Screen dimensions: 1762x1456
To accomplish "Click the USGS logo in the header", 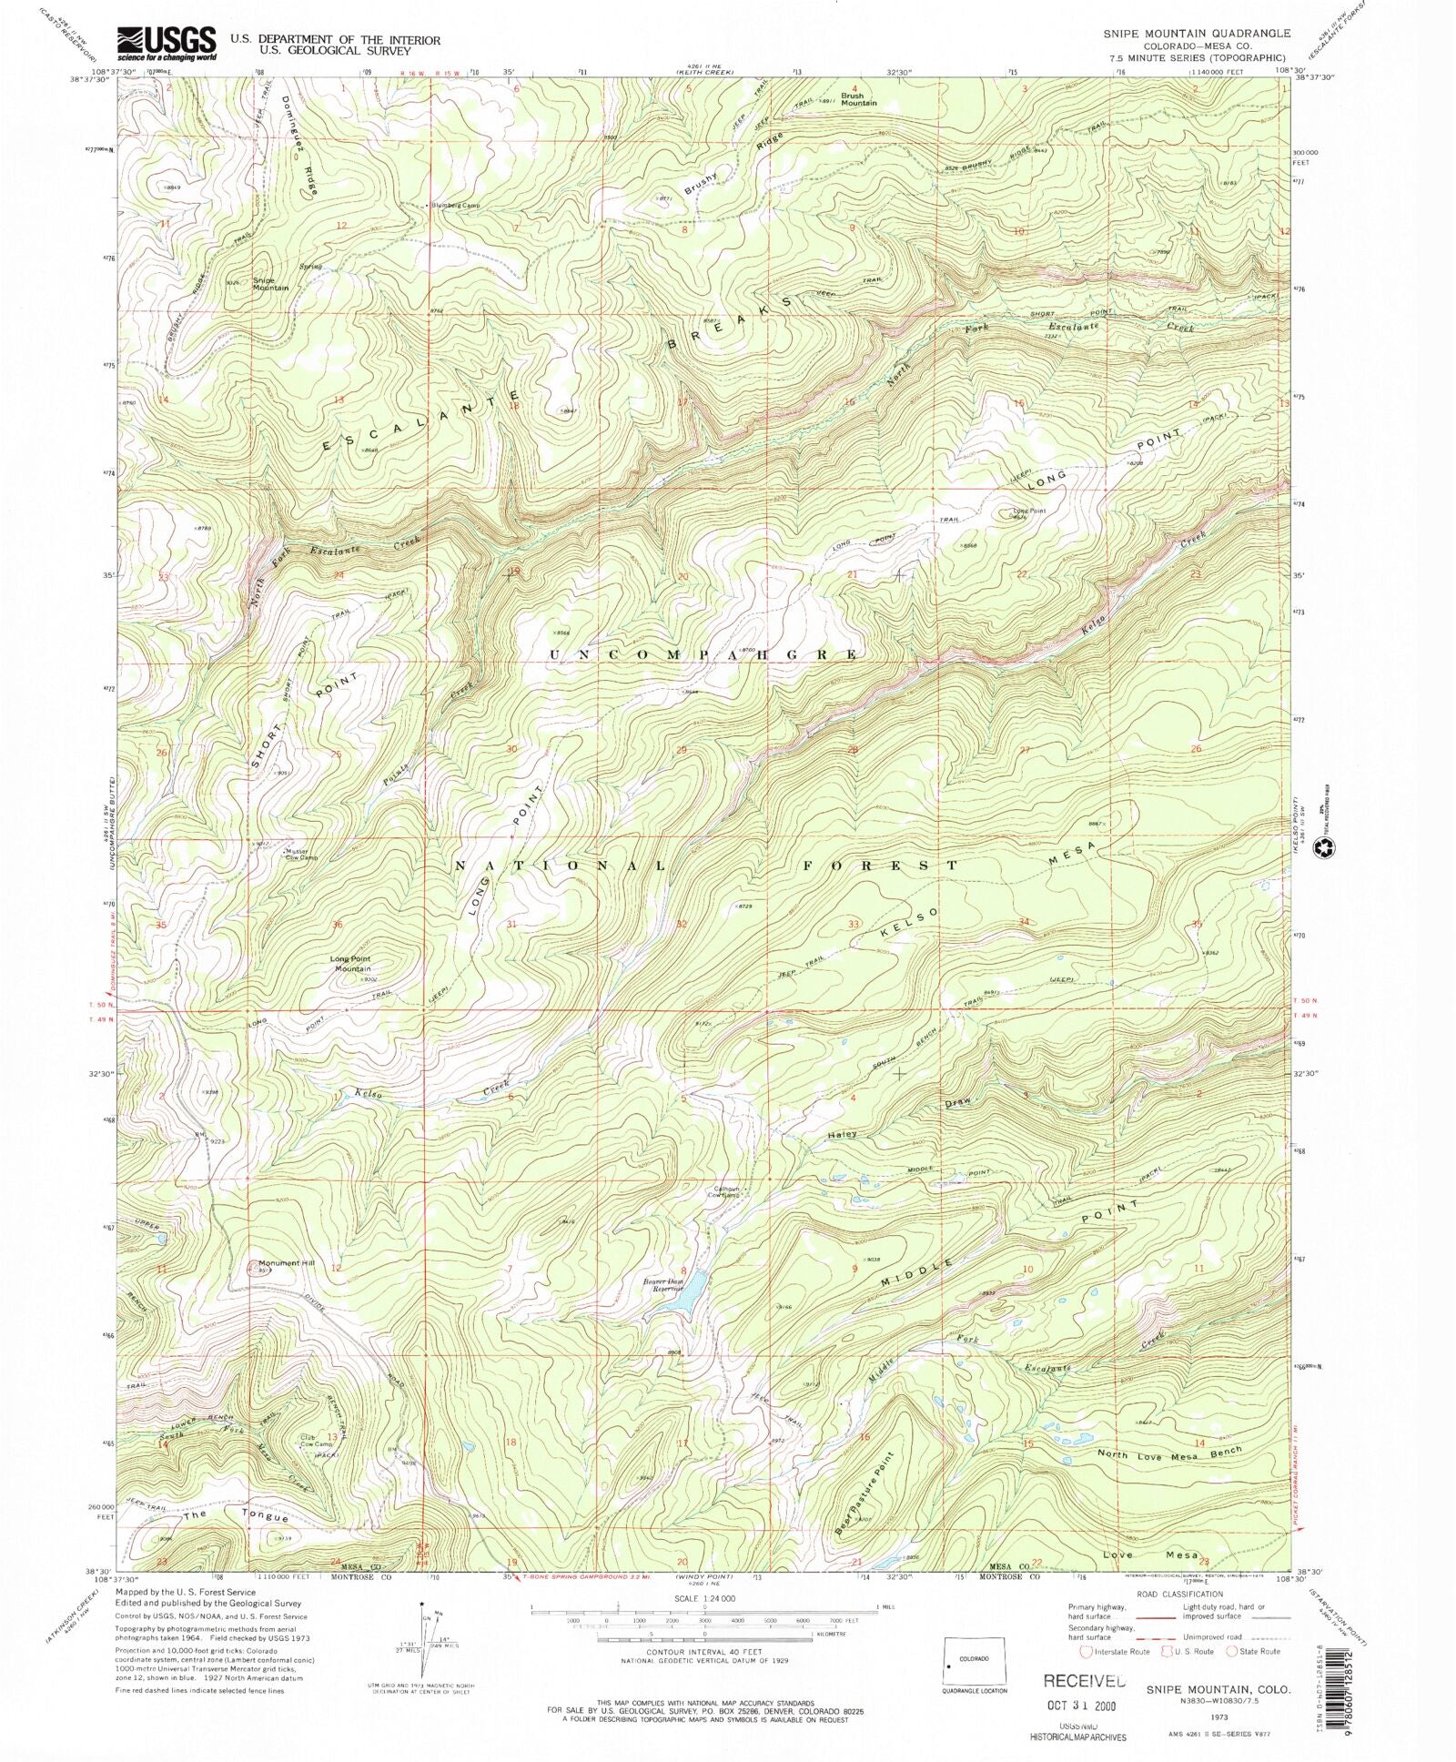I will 167,42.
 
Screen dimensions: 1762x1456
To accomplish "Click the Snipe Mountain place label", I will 270,284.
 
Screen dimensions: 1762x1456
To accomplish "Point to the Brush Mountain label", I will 858,99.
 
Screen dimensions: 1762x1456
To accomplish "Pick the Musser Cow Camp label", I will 301,855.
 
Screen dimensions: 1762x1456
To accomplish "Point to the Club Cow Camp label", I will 314,1466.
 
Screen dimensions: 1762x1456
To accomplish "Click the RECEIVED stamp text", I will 1084,1680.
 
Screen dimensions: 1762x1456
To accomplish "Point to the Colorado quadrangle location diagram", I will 974,1660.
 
